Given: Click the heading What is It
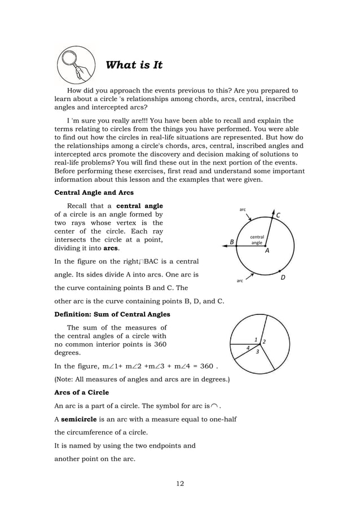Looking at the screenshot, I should coord(134,65).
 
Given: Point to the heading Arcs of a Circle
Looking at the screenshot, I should coord(81,392).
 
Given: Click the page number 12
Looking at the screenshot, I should coord(179,483).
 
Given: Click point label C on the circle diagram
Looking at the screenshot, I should coord(278,214).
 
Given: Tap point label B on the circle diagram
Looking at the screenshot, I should coord(231,242).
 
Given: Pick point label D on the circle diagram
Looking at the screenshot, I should coord(283,278).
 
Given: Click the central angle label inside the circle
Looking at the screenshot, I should coord(256,240).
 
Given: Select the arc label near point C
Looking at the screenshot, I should coord(243,209).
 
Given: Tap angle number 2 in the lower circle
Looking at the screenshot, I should coord(265,342).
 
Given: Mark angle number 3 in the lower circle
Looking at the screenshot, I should coord(257,352).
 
